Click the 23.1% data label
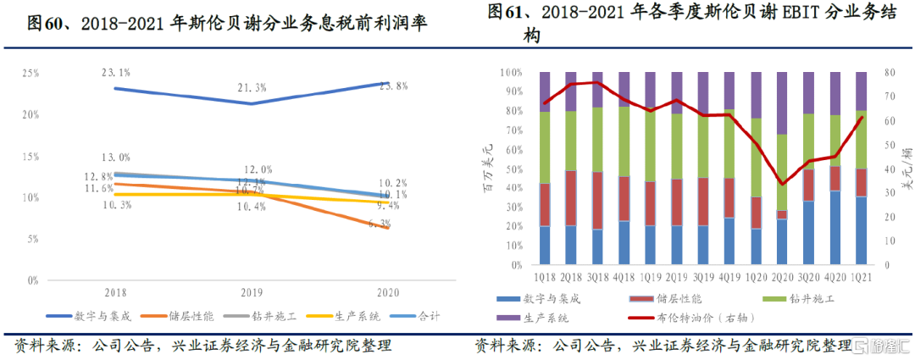click(114, 73)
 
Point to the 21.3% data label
click(252, 87)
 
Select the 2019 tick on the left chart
click(252, 291)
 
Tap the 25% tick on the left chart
click(30, 74)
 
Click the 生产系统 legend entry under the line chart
click(347, 316)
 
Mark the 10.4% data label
click(252, 207)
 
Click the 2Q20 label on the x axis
click(782, 277)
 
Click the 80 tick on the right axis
click(884, 74)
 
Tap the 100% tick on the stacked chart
click(514, 74)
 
